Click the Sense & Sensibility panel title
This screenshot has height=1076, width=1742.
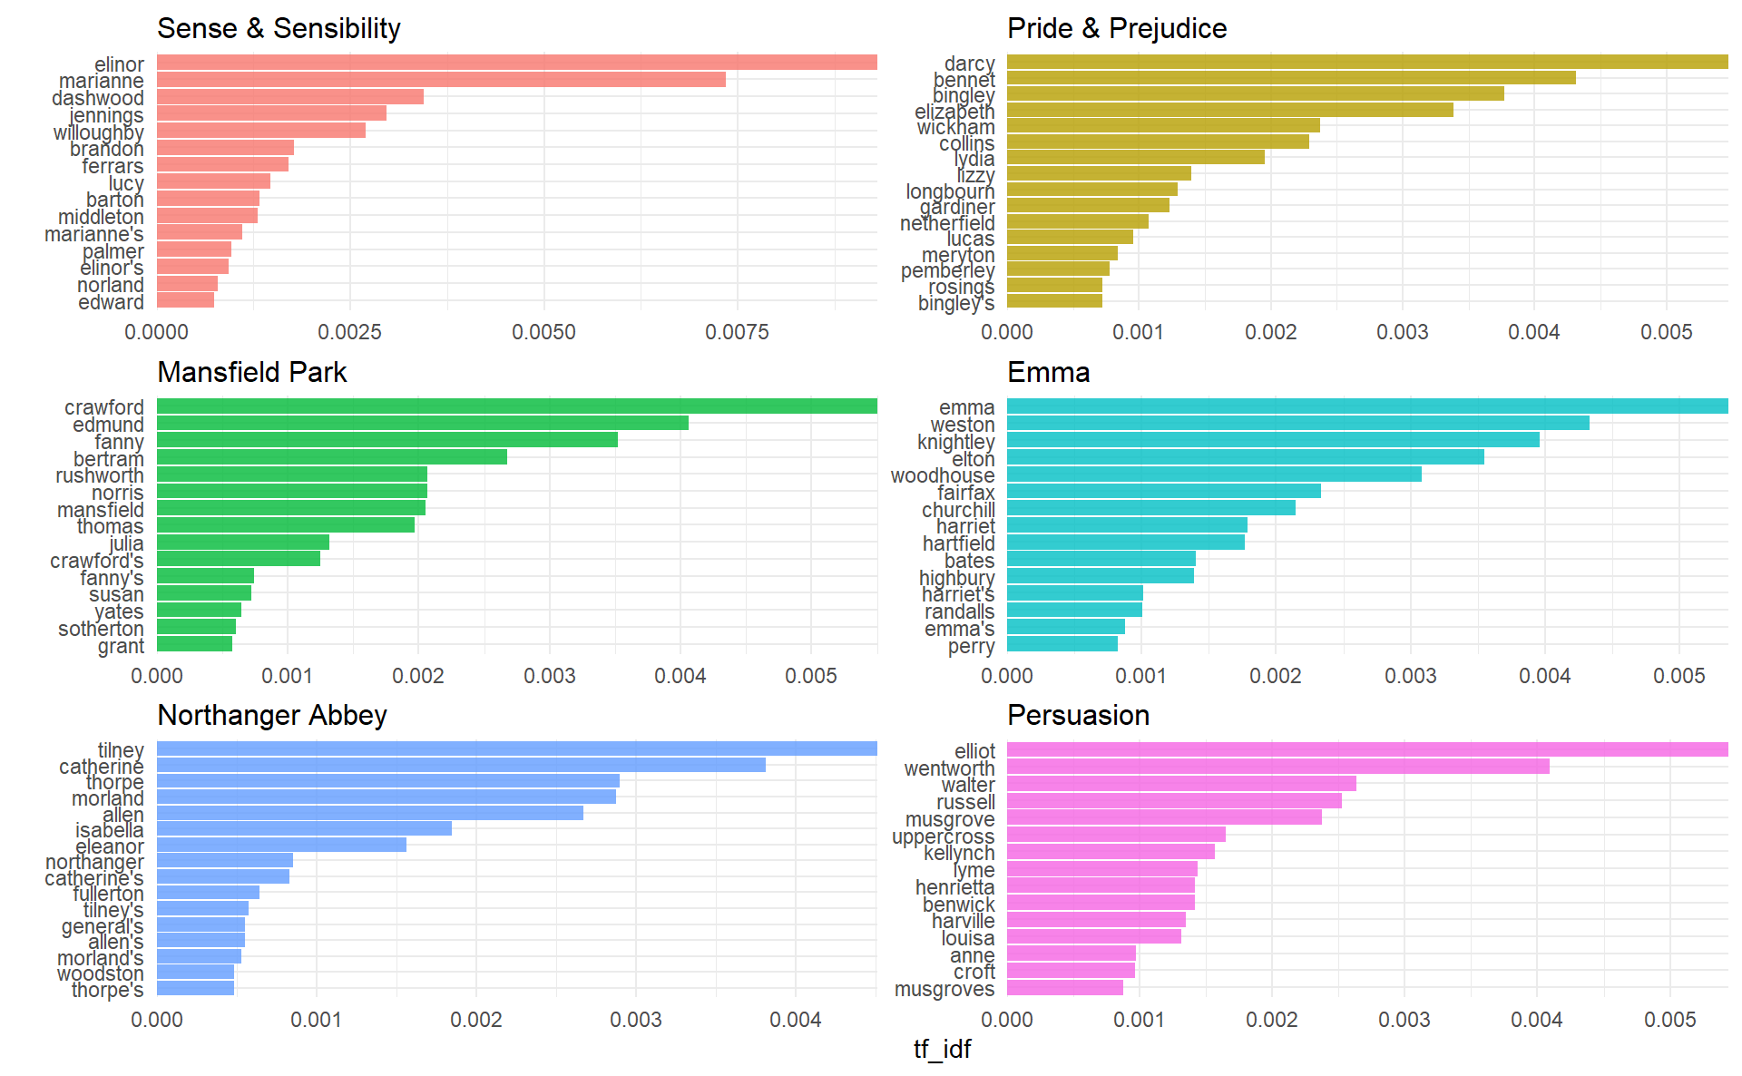pos(279,28)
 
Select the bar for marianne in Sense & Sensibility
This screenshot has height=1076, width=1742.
pos(441,80)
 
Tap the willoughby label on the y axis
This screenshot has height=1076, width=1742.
pos(98,132)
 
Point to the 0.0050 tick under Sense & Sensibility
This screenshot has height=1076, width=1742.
pos(543,332)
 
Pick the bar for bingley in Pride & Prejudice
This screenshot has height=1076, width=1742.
pos(1255,93)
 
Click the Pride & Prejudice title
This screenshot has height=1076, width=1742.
pos(1116,28)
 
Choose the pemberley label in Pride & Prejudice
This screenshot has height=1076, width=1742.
pos(947,270)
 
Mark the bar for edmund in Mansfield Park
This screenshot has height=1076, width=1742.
pos(422,423)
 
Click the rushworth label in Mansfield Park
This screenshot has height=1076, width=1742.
pos(100,475)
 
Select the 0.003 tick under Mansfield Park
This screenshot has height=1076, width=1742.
pos(549,676)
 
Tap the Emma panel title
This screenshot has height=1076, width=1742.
pos(1048,372)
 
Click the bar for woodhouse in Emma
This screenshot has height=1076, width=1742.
pos(1214,474)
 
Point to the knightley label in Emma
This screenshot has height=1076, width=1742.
pos(955,442)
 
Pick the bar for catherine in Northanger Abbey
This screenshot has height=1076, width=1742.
pos(461,765)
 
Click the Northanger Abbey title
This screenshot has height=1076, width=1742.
pos(272,715)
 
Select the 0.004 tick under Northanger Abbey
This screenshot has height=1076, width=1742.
pos(795,1020)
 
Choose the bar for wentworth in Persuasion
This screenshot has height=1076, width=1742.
pos(1277,767)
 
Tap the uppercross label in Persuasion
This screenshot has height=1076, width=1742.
pos(943,836)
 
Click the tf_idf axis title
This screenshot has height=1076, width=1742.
pos(942,1049)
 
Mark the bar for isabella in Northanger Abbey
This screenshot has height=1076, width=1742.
pos(304,828)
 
